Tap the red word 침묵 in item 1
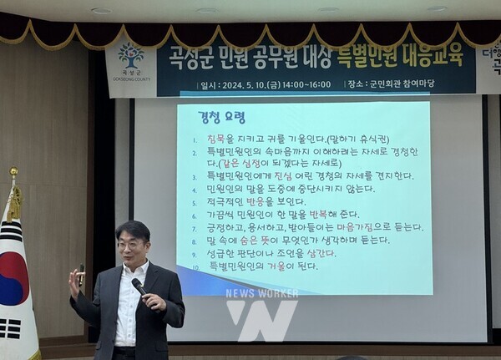click(217, 138)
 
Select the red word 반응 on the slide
click(254, 202)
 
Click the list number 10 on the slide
click(194, 266)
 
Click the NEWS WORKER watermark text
click(261, 293)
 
